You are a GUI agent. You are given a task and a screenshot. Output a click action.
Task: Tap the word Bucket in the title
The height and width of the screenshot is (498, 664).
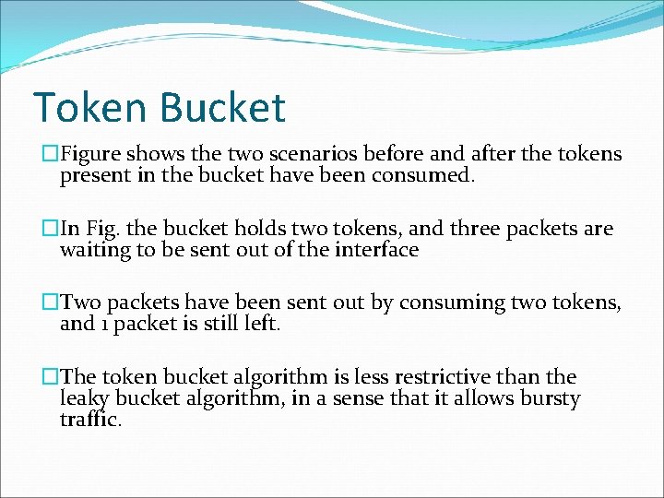[222, 107]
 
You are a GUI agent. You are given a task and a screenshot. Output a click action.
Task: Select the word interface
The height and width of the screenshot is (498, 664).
[378, 250]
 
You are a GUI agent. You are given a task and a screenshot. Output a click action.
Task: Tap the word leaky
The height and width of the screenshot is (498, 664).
[85, 399]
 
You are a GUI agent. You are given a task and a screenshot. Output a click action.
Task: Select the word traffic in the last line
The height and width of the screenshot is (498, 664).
[90, 420]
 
